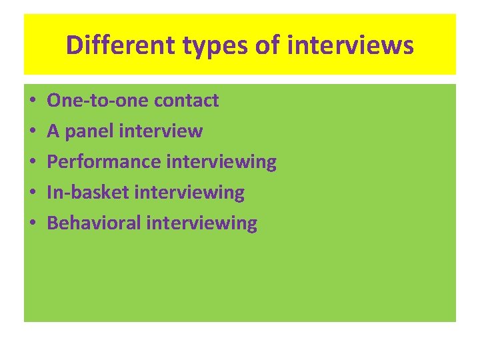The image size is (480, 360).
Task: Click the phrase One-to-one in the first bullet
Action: click(97, 101)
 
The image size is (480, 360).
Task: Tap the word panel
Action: click(88, 131)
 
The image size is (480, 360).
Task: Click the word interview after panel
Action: click(161, 131)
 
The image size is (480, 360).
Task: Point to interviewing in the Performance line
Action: click(221, 162)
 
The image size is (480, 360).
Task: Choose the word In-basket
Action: click(88, 193)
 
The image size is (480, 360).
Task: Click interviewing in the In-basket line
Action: click(189, 193)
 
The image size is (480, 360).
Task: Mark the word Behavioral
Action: click(94, 223)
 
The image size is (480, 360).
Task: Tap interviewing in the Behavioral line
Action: click(201, 223)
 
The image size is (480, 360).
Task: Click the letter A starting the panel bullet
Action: click(53, 131)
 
